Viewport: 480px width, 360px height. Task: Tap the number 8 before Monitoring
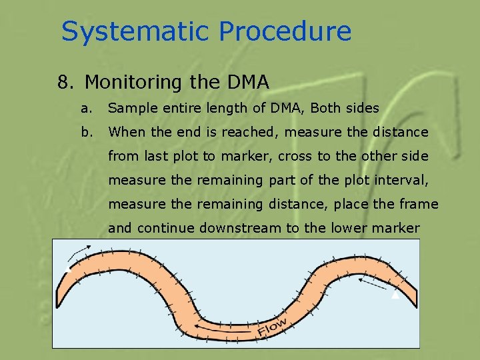pos(63,82)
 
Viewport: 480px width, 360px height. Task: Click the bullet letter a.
pos(85,108)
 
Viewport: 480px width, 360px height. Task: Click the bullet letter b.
pos(85,132)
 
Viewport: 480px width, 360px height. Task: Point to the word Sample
pos(130,108)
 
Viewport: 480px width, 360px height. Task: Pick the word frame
pos(417,204)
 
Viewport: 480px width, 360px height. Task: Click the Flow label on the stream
pos(273,327)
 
